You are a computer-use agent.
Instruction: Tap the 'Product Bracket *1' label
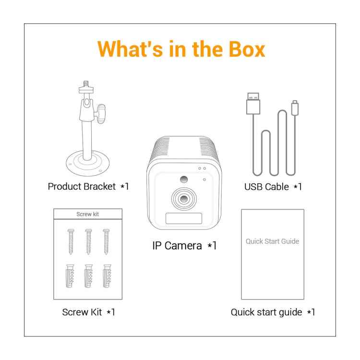point(88,186)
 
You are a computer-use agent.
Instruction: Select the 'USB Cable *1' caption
point(273,187)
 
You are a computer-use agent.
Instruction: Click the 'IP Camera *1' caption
point(184,246)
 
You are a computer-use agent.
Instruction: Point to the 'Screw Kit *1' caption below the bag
point(88,312)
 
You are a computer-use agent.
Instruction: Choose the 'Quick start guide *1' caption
point(273,312)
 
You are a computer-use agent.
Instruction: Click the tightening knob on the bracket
point(101,114)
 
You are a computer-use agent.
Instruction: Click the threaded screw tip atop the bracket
point(86,84)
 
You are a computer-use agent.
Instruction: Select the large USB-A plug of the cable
point(253,103)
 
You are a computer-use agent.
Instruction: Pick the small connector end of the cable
point(295,108)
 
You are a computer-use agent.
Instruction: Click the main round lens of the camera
point(184,199)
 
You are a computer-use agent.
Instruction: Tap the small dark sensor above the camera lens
point(184,180)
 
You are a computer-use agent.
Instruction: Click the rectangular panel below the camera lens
point(184,218)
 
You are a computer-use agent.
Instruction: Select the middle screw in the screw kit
point(88,241)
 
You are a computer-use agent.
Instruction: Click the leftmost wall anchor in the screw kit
point(70,276)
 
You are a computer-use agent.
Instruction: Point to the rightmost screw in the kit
point(106,241)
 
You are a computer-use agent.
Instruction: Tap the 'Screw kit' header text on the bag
point(87,214)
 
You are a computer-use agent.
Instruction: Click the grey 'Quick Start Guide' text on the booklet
point(273,241)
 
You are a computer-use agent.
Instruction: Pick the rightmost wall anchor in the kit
point(107,276)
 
